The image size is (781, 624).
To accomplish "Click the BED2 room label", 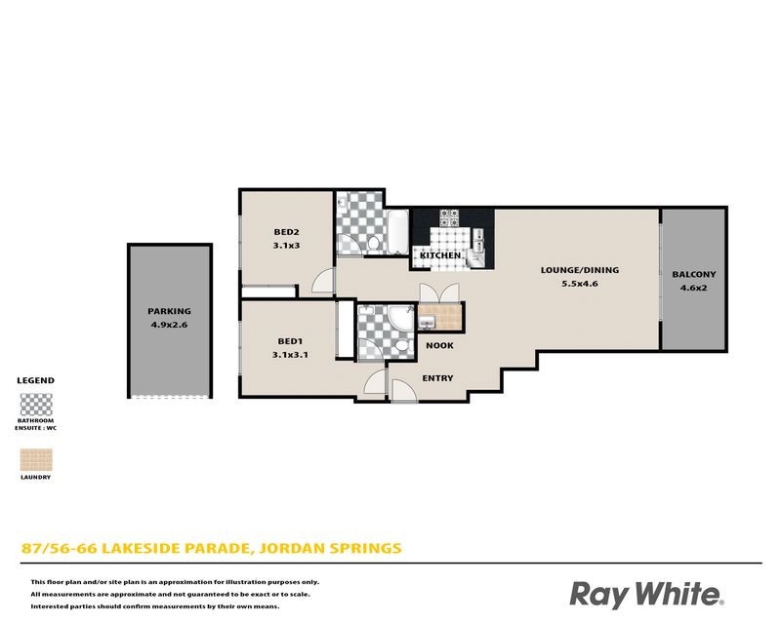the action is (x=286, y=232).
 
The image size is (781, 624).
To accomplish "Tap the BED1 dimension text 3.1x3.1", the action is (x=290, y=355).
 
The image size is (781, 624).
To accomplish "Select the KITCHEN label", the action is (x=440, y=255).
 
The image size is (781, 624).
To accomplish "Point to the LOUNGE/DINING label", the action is (x=580, y=270).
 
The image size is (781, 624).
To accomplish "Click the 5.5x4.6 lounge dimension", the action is (x=580, y=284).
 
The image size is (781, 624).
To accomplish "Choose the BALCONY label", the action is (x=694, y=274).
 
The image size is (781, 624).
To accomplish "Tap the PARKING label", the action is (x=169, y=311).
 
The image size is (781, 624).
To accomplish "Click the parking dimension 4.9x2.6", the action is (x=169, y=325).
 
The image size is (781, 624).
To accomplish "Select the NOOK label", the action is (x=440, y=345).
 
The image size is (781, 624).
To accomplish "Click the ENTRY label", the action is (x=437, y=378).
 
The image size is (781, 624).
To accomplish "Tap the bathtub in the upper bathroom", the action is (x=398, y=232).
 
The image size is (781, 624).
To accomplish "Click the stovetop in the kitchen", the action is (x=449, y=217).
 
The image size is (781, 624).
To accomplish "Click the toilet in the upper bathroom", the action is (x=374, y=244).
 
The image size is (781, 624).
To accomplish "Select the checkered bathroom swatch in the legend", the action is (x=36, y=405).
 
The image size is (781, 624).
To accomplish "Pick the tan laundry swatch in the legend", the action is (x=36, y=460).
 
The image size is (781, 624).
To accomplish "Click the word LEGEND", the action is (x=36, y=380).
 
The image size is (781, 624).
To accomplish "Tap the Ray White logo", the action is (x=646, y=594).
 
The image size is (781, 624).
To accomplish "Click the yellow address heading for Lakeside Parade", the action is (x=211, y=548).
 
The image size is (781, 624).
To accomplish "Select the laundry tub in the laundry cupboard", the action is (x=427, y=324).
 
